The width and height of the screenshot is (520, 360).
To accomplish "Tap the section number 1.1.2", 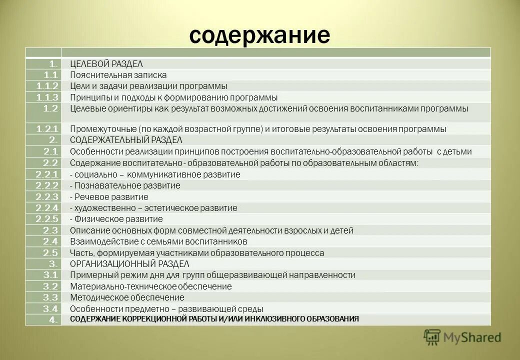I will click(x=48, y=86).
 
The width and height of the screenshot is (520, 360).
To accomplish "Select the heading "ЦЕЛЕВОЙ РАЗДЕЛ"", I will click(x=106, y=63).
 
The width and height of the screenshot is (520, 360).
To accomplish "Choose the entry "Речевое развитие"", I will click(x=109, y=197).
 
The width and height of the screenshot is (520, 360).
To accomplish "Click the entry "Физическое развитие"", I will click(x=116, y=219).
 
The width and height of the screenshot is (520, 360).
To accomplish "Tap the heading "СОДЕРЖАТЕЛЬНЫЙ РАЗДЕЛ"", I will click(x=126, y=140).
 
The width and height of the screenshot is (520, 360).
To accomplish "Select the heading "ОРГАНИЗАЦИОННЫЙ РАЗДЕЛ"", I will click(x=129, y=264).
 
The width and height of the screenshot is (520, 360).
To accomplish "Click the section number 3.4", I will click(x=51, y=308).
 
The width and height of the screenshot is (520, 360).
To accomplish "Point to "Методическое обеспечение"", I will click(x=120, y=297).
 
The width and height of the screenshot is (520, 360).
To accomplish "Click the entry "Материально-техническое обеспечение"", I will click(x=151, y=286).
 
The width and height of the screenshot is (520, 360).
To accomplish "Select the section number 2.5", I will click(x=51, y=253).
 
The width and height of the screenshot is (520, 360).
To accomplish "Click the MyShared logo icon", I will click(x=431, y=337).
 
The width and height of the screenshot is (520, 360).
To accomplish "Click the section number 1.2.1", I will click(x=48, y=129).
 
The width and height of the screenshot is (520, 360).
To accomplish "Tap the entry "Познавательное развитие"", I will click(x=125, y=185).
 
